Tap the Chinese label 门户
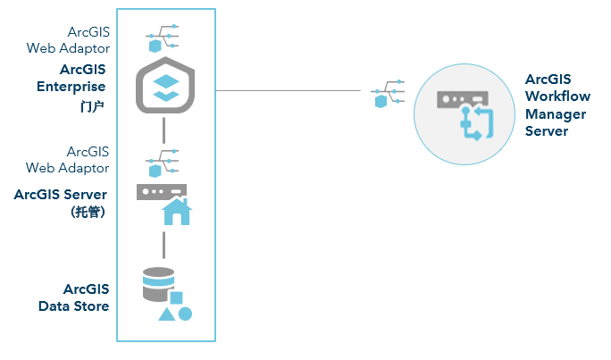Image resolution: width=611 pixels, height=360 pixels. (92, 105)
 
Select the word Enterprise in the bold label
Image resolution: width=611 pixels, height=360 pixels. (71, 87)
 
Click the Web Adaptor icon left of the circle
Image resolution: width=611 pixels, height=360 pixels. (386, 93)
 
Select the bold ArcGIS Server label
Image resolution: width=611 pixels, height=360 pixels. (61, 194)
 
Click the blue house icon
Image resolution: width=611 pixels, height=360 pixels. (176, 212)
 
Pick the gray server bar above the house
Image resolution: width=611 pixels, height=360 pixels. (161, 191)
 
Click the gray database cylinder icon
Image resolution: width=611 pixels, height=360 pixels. (158, 283)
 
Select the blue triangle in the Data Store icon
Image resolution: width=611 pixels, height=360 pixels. (166, 314)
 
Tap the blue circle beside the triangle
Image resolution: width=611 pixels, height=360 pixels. (185, 314)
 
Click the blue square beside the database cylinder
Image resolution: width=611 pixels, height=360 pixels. (177, 297)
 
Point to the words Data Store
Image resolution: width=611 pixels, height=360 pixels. (73, 306)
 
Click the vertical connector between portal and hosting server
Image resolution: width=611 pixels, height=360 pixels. (164, 130)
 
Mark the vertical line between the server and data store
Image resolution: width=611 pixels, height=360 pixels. (164, 243)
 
